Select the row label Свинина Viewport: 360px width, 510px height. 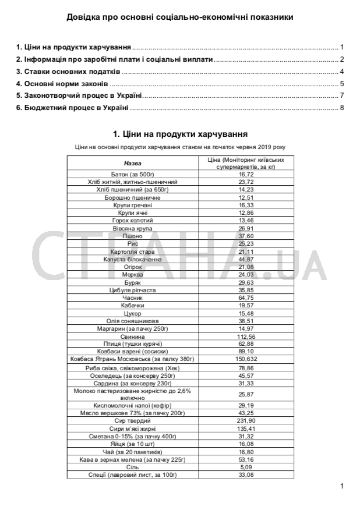pyautogui.click(x=132, y=337)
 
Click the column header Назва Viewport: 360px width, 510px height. pyautogui.click(x=132, y=163)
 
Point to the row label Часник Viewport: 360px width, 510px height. pyautogui.click(x=132, y=297)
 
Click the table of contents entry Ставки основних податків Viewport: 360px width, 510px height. pyautogui.click(x=68, y=72)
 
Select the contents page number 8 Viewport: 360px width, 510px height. pyautogui.click(x=343, y=108)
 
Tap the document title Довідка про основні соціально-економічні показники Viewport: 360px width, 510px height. pyautogui.click(x=179, y=17)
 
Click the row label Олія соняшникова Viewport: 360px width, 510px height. pyautogui.click(x=132, y=321)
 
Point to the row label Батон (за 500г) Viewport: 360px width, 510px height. pyautogui.click(x=132, y=174)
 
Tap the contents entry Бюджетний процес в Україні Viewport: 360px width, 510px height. pyautogui.click(x=72, y=108)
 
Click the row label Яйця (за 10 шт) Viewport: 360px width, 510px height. pyautogui.click(x=132, y=444)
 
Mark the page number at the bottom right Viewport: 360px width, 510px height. pyautogui.click(x=342, y=486)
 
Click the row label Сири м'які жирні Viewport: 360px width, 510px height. pyautogui.click(x=132, y=428)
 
